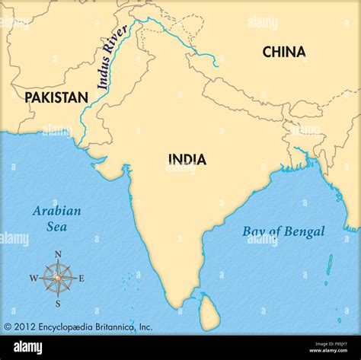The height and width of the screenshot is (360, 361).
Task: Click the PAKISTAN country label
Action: tap(56, 97)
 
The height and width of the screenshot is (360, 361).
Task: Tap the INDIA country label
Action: tap(187, 159)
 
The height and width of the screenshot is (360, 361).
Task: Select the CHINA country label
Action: tap(284, 52)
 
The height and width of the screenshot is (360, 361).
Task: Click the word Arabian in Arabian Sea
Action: tap(56, 211)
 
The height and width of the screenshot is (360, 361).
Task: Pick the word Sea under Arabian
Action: tap(56, 226)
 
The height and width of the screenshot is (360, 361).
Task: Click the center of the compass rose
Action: tap(57, 279)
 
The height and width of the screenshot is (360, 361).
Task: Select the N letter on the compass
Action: tap(57, 255)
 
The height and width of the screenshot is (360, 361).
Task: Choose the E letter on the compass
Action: tap(81, 279)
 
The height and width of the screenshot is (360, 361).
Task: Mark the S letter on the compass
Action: tap(57, 302)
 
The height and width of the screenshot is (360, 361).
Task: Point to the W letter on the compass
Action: tap(33, 279)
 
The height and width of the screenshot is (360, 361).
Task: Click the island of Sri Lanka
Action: tap(209, 311)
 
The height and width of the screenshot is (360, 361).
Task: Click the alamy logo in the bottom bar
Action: tap(28, 347)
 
